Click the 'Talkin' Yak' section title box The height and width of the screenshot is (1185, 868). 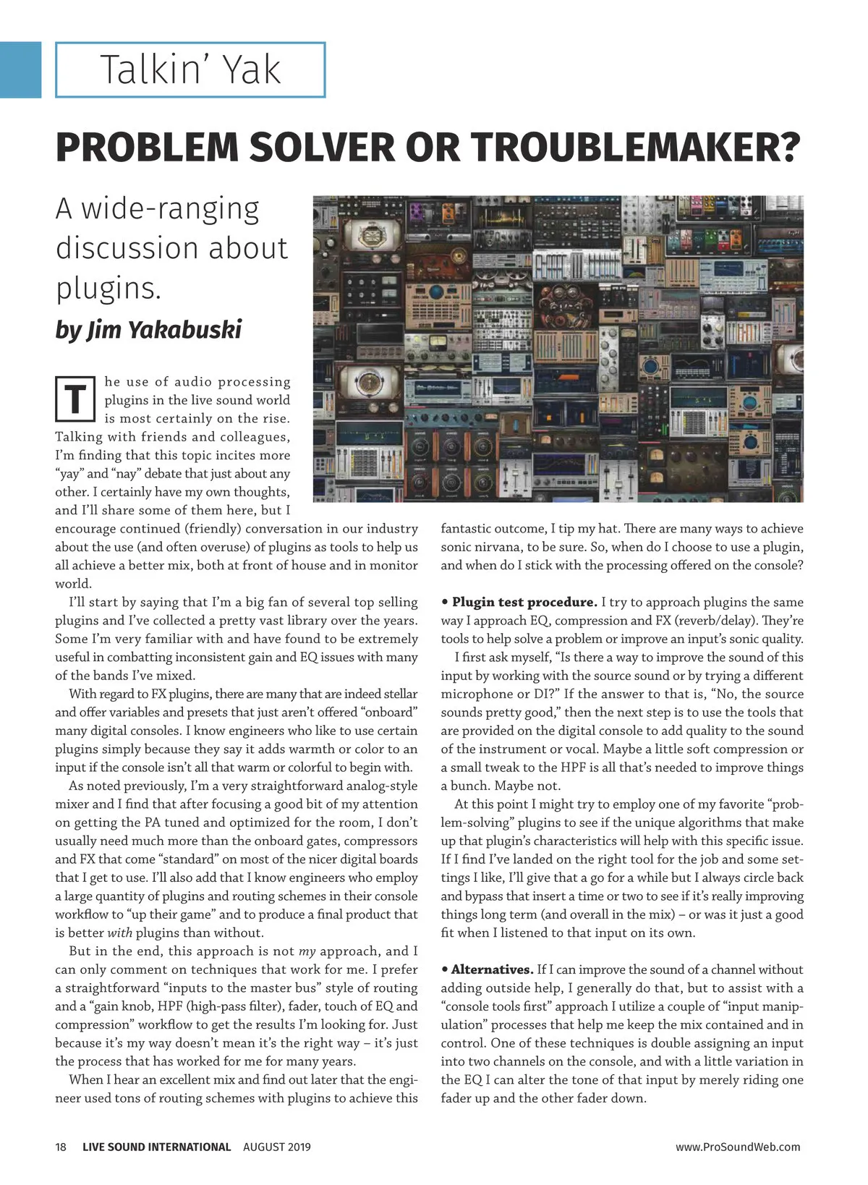[190, 70]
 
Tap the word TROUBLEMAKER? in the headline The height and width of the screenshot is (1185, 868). [636, 147]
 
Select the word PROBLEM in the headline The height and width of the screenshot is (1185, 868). [147, 147]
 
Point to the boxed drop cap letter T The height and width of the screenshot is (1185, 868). [75, 399]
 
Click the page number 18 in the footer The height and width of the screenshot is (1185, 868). [61, 1147]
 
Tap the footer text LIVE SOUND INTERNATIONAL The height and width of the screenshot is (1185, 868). [156, 1147]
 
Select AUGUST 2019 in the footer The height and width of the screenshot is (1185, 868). [276, 1147]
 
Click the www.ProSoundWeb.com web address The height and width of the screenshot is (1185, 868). [738, 1147]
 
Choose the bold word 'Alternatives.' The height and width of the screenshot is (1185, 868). [492, 969]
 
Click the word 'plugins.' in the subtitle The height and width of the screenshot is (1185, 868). [109, 288]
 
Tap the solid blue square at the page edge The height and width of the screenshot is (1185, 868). [20, 69]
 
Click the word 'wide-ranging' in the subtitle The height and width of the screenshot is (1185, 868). [170, 209]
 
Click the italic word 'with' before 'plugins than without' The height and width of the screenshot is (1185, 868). [120, 933]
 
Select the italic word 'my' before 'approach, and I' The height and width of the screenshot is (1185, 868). [307, 951]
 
